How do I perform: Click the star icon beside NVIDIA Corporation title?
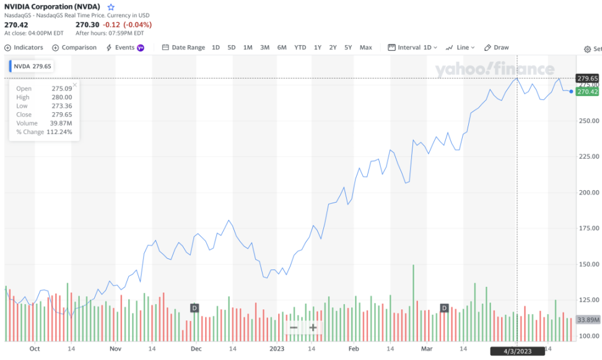(111, 7)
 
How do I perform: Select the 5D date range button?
(232, 48)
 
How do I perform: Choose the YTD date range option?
(300, 48)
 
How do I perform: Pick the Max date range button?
(365, 48)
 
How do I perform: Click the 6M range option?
(282, 48)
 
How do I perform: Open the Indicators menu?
(24, 48)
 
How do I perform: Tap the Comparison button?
(75, 48)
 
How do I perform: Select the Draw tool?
(497, 48)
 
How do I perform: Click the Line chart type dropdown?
(460, 48)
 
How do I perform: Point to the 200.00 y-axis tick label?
(589, 192)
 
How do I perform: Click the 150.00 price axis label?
(589, 264)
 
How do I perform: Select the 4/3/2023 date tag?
(517, 351)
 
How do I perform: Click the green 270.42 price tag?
(587, 92)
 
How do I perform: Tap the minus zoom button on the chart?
(294, 328)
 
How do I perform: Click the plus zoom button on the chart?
(313, 328)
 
